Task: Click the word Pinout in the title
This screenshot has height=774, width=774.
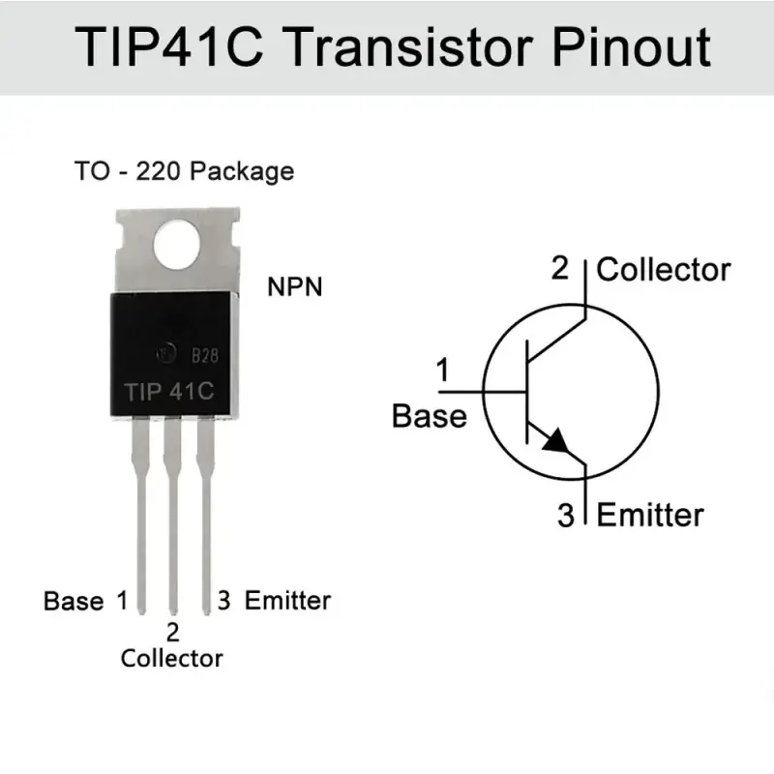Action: (x=632, y=47)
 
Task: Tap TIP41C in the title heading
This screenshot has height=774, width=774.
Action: (x=168, y=47)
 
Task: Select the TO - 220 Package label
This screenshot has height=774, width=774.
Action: (x=184, y=172)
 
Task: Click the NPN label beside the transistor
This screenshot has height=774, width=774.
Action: (x=295, y=286)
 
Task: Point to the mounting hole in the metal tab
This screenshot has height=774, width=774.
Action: (x=177, y=245)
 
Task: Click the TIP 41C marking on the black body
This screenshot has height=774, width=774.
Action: (x=169, y=392)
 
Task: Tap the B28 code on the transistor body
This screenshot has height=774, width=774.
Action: (x=205, y=355)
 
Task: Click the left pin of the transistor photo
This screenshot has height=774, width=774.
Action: (x=140, y=515)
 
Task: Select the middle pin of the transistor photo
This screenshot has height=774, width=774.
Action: (x=172, y=515)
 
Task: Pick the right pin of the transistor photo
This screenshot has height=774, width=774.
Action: (x=206, y=515)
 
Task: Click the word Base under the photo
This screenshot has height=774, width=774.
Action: (x=74, y=601)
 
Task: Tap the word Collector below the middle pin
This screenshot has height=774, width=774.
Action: (x=172, y=659)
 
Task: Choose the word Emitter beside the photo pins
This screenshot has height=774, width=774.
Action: (x=287, y=601)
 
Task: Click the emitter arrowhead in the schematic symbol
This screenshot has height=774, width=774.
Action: (x=555, y=441)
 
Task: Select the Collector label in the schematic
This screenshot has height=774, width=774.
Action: (x=664, y=270)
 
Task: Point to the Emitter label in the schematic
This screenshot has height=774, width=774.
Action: (x=650, y=515)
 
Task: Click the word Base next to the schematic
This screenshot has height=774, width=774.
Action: (x=430, y=416)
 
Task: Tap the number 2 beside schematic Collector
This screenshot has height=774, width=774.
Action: (x=560, y=268)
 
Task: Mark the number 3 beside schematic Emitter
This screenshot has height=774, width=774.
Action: (x=566, y=515)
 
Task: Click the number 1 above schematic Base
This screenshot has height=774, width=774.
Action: (x=443, y=370)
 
